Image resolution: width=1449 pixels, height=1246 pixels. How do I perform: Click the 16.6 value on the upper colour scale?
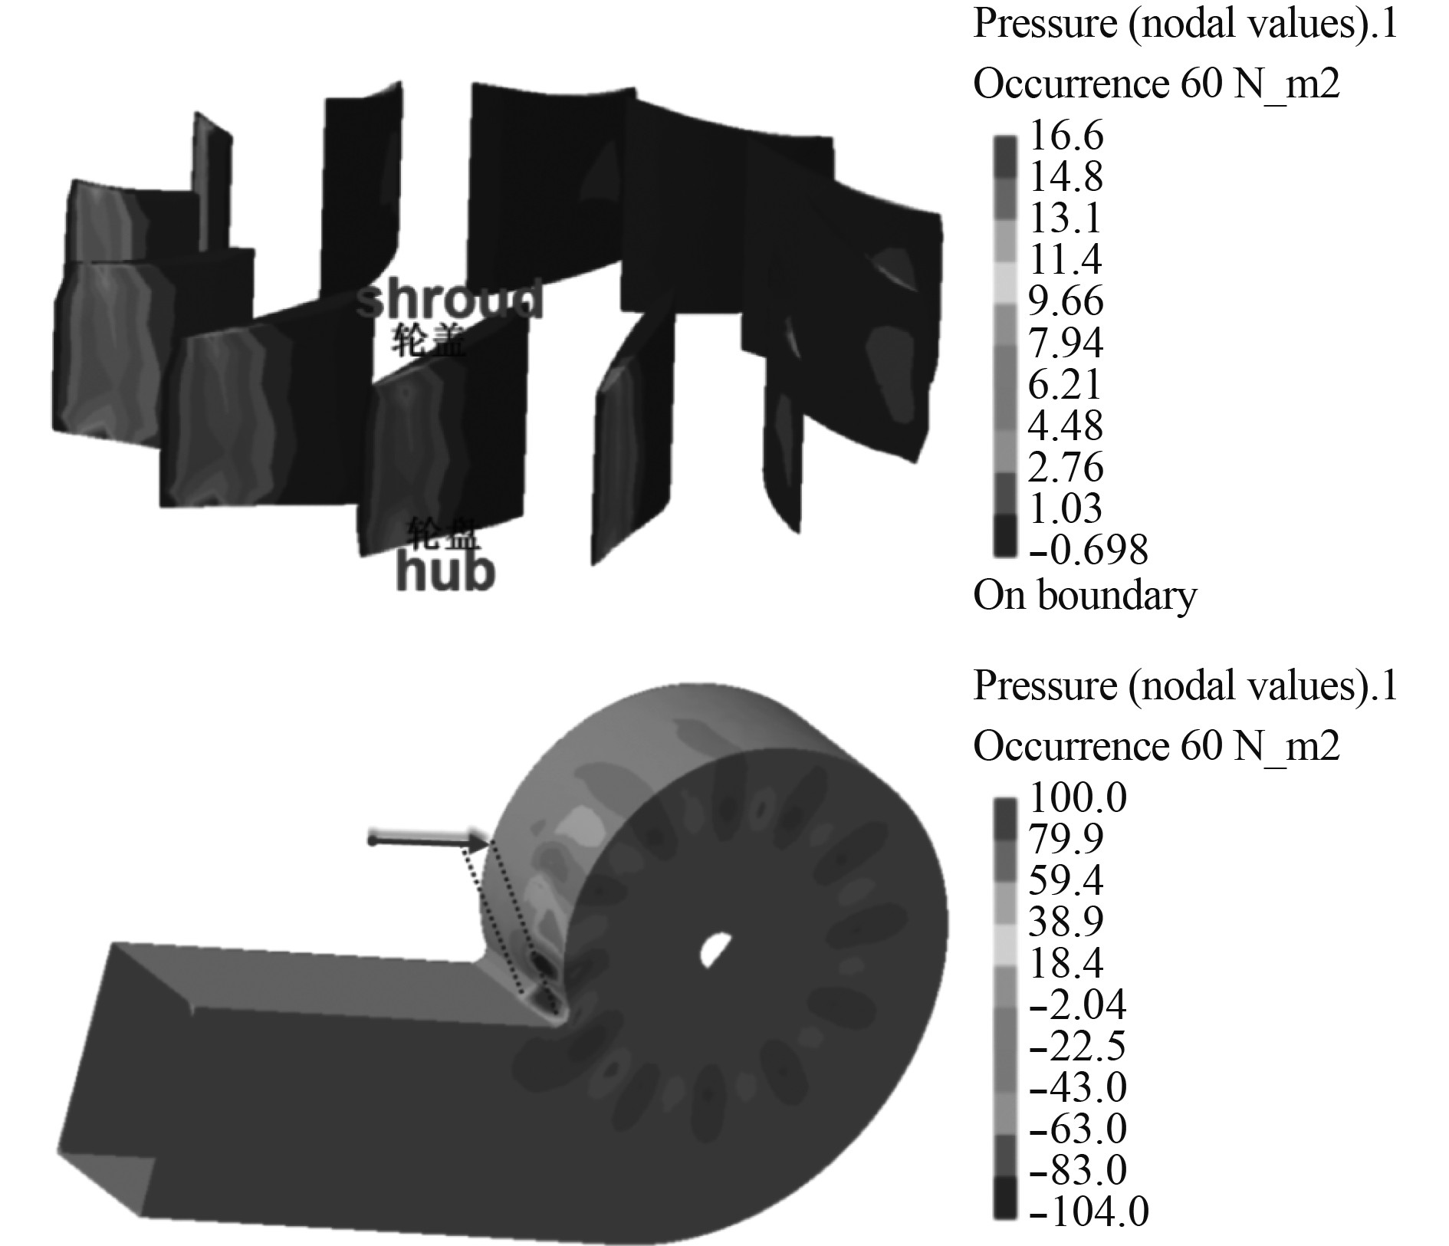tap(1066, 136)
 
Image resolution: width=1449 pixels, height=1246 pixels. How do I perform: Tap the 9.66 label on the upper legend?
tap(1066, 301)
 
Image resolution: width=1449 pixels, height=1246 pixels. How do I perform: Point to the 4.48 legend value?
tap(1066, 426)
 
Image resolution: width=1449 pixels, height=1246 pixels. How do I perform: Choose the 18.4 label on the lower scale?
tap(1066, 963)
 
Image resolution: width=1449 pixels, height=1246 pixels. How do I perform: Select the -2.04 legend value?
tap(1076, 1004)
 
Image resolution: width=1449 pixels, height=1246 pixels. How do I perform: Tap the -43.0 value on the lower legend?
tap(1076, 1087)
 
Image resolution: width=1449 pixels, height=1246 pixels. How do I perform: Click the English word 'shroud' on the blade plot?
tap(451, 301)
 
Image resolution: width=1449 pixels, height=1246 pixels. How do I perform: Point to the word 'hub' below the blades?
tap(445, 573)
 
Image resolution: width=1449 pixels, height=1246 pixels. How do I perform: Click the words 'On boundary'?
tap(1084, 595)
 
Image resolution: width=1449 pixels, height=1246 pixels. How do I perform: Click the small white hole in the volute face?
tap(715, 948)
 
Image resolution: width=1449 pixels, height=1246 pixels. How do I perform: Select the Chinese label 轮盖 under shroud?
tap(429, 340)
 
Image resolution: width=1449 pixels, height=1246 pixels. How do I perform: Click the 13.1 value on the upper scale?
tap(1066, 219)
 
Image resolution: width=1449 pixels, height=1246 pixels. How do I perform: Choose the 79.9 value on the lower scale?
tap(1066, 839)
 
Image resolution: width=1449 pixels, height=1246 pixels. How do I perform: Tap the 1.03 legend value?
tap(1066, 508)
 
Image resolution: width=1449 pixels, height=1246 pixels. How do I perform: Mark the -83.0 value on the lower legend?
tap(1076, 1170)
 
